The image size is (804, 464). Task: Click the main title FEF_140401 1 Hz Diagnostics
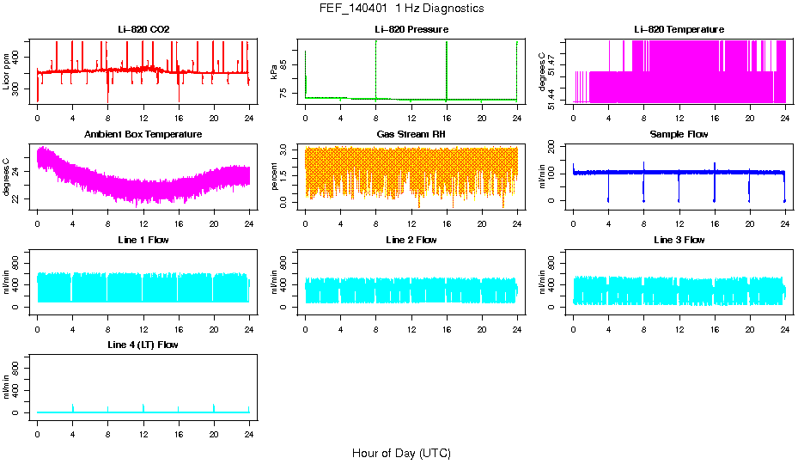click(x=401, y=9)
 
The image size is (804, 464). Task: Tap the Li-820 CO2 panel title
click(x=143, y=30)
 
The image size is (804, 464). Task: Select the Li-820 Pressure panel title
click(x=411, y=30)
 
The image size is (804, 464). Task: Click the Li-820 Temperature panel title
click(x=679, y=30)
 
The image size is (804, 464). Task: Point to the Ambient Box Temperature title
click(x=143, y=135)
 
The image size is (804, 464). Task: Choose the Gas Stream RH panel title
click(x=411, y=135)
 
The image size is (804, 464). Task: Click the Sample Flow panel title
click(x=679, y=135)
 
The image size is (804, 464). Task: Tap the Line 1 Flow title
click(x=143, y=240)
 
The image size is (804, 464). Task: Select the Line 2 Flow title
click(x=411, y=240)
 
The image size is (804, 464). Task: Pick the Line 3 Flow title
click(x=679, y=240)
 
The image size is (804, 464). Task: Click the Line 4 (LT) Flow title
click(x=143, y=345)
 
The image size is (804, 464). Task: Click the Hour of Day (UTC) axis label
click(x=401, y=453)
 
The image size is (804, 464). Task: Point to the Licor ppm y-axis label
click(x=7, y=71)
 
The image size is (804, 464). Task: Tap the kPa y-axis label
click(x=274, y=71)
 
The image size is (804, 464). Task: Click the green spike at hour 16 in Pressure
click(x=447, y=69)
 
